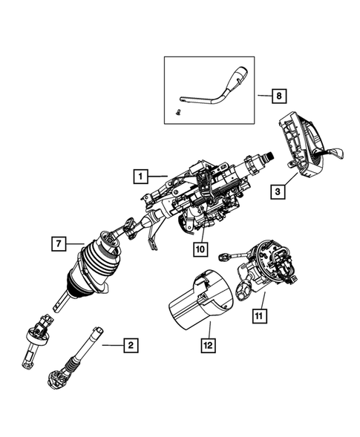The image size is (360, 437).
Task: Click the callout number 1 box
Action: (x=139, y=177)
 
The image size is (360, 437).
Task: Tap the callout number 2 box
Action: (x=131, y=344)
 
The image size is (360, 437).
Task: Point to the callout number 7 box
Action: (x=56, y=243)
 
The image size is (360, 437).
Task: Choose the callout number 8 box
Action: (x=279, y=96)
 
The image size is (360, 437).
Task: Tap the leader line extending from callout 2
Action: (x=111, y=344)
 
